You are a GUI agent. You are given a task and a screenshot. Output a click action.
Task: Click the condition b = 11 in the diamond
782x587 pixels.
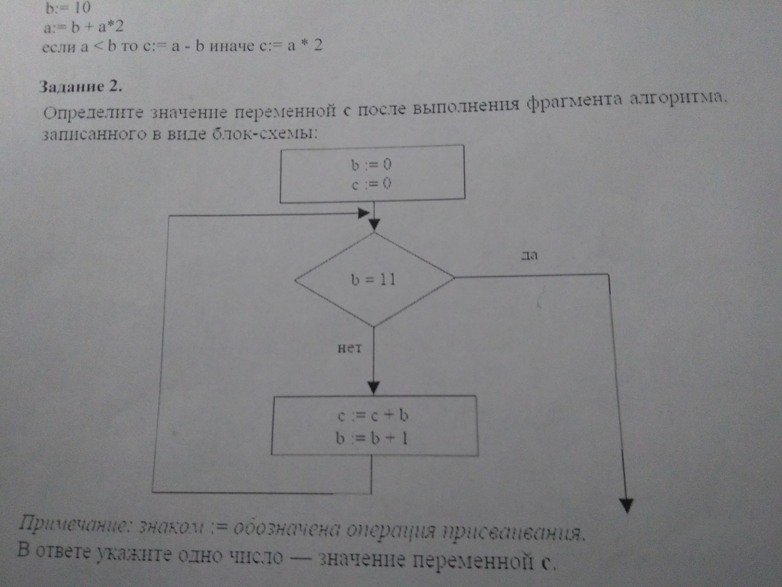[x=373, y=280]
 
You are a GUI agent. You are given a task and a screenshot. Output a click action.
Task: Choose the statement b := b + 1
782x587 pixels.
[x=372, y=439]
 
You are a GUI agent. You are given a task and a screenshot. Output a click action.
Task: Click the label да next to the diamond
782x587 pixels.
[x=529, y=255]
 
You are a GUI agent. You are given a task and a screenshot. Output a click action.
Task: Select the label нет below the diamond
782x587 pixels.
[x=350, y=348]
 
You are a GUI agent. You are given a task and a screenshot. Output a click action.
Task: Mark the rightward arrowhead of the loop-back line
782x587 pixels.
[x=364, y=213]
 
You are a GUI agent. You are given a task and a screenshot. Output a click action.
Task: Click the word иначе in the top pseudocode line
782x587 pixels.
[x=232, y=46]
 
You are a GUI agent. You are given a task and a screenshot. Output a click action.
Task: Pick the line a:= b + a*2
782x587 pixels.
[x=83, y=27]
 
